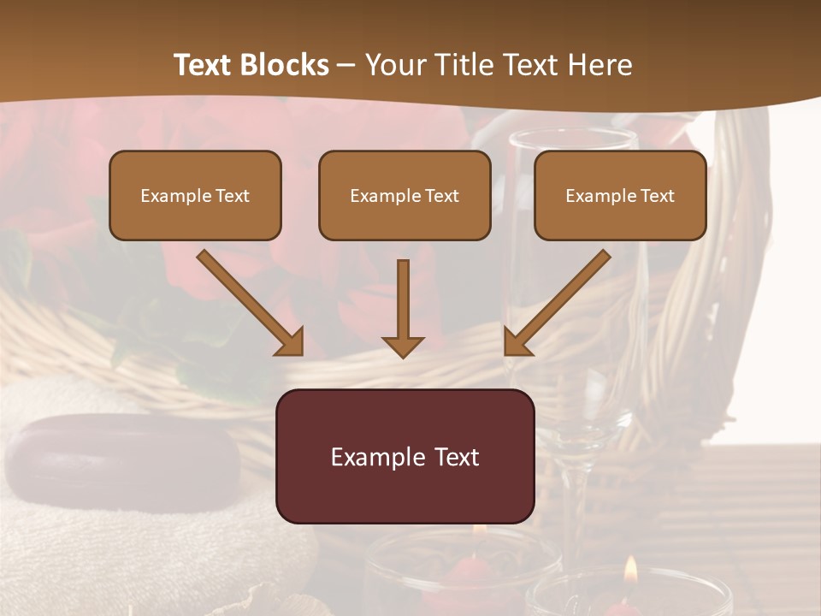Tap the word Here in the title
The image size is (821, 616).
pos(599,65)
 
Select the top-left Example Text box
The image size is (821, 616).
pos(195,195)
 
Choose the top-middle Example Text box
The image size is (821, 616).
pos(405,195)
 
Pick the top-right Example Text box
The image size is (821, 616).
pos(620,195)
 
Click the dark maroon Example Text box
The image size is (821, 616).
pos(405,456)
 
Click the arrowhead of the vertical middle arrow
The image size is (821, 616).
pos(403,346)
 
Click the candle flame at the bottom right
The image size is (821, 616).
pos(630,570)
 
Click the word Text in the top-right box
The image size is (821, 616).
pos(657,196)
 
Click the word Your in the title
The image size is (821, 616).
pos(389,65)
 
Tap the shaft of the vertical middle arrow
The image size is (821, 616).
pos(403,295)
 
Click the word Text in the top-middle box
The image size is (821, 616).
pos(441,196)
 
